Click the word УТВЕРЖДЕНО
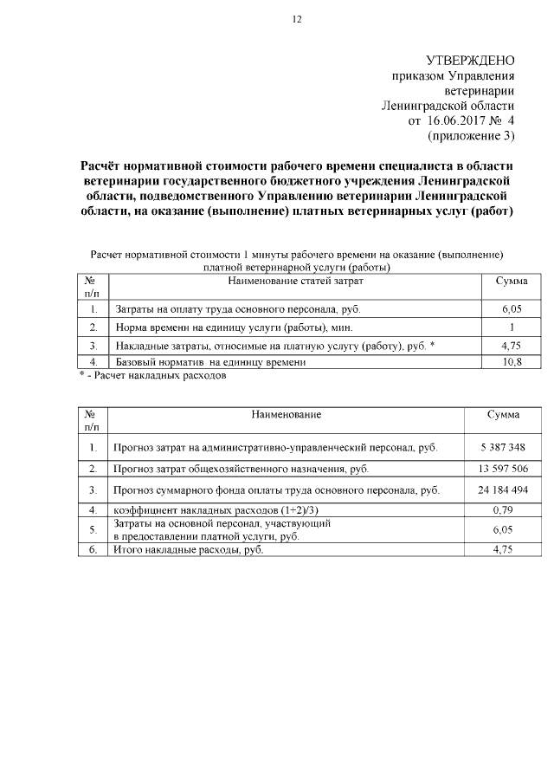tap(471, 60)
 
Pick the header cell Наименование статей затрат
tap(295, 282)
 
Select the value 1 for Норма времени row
tap(512, 327)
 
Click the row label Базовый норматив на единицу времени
tap(210, 361)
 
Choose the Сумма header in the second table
tap(503, 415)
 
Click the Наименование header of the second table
tap(287, 415)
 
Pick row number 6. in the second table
tap(92, 549)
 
